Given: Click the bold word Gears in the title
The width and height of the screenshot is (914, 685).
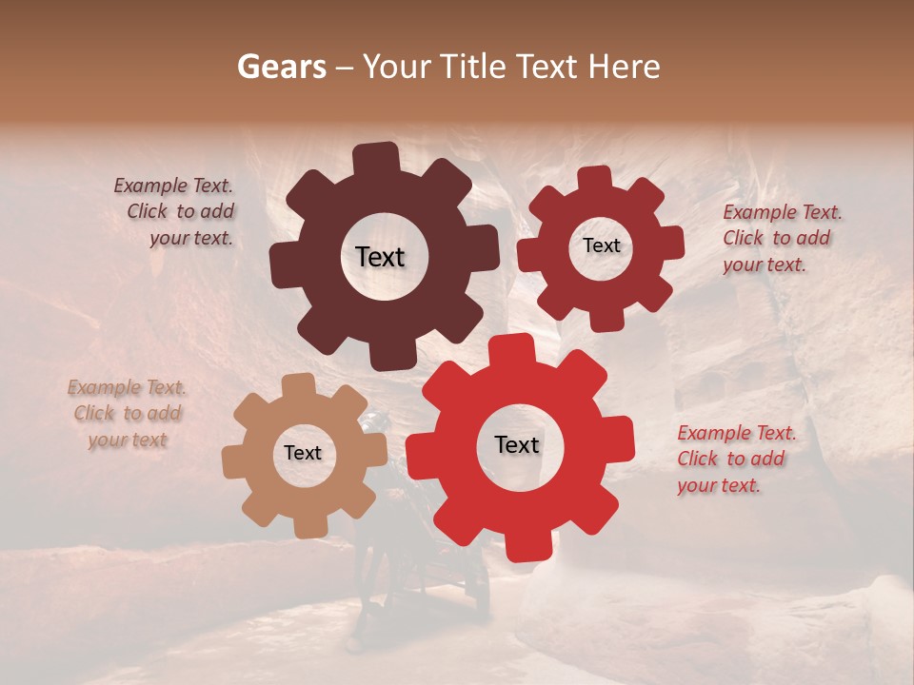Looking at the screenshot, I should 281,67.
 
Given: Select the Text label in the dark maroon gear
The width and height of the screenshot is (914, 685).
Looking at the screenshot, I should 380,257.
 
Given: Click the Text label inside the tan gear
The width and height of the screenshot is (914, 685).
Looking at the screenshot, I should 303,454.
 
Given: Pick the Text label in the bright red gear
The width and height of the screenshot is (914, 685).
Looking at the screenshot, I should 517,445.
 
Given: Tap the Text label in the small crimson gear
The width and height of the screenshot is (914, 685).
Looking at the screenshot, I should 601,245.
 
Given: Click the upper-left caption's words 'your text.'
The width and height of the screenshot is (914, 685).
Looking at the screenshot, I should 190,238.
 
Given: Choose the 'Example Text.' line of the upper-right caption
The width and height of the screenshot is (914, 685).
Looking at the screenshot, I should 783,212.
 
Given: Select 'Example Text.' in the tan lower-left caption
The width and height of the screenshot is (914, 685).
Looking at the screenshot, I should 127,387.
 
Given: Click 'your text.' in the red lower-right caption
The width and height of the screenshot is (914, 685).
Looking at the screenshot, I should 719,485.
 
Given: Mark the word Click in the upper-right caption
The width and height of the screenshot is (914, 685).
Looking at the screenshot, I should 745,238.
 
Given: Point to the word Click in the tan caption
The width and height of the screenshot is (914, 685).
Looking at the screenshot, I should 95,413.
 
